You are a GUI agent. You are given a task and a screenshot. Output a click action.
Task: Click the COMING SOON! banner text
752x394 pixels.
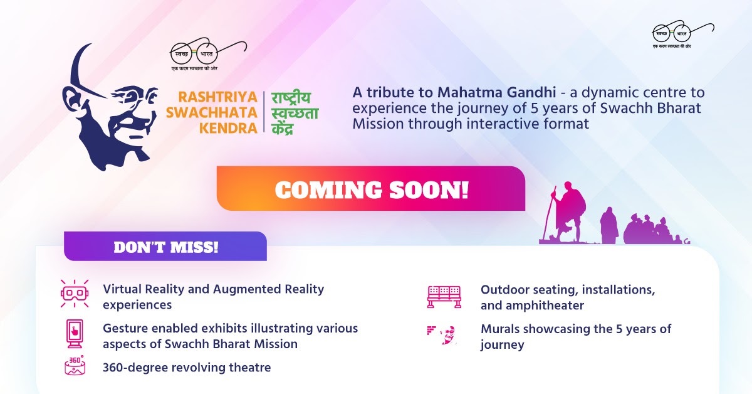(371, 189)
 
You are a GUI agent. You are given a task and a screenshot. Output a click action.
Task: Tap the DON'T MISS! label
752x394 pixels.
(166, 247)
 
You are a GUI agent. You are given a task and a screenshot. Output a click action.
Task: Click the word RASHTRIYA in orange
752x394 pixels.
(217, 97)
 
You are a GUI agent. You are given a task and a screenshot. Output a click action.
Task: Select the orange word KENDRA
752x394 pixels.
(228, 128)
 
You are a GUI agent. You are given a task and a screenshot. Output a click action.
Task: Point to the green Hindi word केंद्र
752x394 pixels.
(283, 129)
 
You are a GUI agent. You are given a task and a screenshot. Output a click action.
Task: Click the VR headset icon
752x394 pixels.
(75, 294)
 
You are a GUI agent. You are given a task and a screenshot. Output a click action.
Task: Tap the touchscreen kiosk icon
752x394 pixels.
(75, 334)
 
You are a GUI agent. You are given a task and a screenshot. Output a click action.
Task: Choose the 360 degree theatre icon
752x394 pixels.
(75, 365)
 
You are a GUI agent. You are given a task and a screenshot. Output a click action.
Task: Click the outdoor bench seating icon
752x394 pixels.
(444, 297)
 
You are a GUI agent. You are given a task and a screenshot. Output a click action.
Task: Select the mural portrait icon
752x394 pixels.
(442, 334)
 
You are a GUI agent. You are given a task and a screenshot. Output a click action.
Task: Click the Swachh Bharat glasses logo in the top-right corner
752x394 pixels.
(683, 34)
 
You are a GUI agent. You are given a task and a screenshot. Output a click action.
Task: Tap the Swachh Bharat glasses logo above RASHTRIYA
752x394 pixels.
(208, 55)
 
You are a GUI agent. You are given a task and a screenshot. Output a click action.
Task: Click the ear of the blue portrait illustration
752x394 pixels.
(71, 98)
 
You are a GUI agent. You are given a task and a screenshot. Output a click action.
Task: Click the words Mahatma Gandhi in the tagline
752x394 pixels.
(496, 92)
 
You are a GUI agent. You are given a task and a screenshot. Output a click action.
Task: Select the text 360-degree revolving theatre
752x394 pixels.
(187, 368)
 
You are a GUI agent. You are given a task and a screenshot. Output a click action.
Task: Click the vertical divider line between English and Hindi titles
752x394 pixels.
(264, 112)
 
